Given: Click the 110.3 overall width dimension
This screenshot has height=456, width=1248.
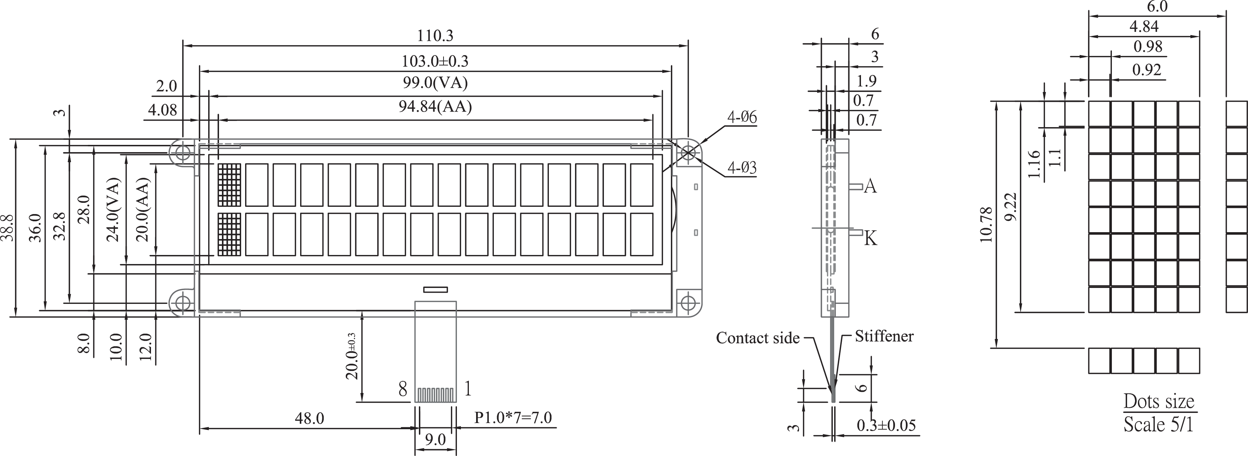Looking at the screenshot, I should point(435,35).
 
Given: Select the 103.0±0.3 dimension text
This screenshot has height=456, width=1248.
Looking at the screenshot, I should point(435,61).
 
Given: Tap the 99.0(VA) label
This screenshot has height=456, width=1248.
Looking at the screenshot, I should point(435,83).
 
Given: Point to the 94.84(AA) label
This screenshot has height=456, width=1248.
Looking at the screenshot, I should point(435,106).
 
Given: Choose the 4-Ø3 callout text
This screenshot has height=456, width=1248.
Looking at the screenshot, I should point(742,168).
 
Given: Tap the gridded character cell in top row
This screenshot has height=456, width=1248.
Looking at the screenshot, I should point(229,185).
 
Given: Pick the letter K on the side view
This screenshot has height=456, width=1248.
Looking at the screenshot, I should point(871,238).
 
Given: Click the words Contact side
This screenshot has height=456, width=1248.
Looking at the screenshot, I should point(758,338).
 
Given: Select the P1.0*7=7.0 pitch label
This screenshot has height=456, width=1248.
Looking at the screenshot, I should point(513,417).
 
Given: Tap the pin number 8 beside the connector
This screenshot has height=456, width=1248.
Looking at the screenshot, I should point(403,389).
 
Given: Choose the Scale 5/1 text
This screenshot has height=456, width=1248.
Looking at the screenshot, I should point(1158,424).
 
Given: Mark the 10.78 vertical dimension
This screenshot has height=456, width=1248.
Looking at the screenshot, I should point(986,224).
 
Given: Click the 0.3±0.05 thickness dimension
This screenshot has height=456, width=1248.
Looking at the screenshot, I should point(886,425).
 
